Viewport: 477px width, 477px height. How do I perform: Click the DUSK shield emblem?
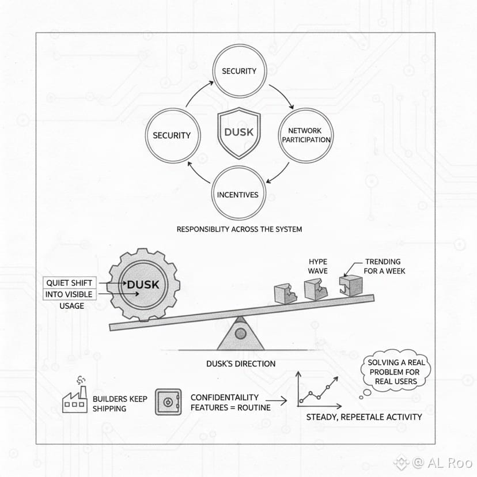pyautogui.click(x=238, y=133)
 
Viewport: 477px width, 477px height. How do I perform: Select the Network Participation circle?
pyautogui.click(x=306, y=135)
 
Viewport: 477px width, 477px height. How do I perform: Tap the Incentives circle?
pyautogui.click(x=238, y=195)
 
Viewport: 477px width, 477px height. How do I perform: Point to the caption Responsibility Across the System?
pyautogui.click(x=239, y=229)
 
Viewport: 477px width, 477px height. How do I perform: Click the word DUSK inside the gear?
pyautogui.click(x=143, y=285)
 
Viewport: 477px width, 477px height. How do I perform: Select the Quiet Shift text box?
pyautogui.click(x=70, y=283)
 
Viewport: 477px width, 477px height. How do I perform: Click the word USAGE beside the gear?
pyautogui.click(x=71, y=306)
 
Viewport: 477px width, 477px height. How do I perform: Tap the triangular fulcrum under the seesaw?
pyautogui.click(x=241, y=335)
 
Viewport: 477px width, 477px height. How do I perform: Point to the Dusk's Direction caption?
pyautogui.click(x=241, y=364)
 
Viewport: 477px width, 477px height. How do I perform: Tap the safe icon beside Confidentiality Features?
pyautogui.click(x=168, y=402)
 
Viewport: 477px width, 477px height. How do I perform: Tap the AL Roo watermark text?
pyautogui.click(x=441, y=461)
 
